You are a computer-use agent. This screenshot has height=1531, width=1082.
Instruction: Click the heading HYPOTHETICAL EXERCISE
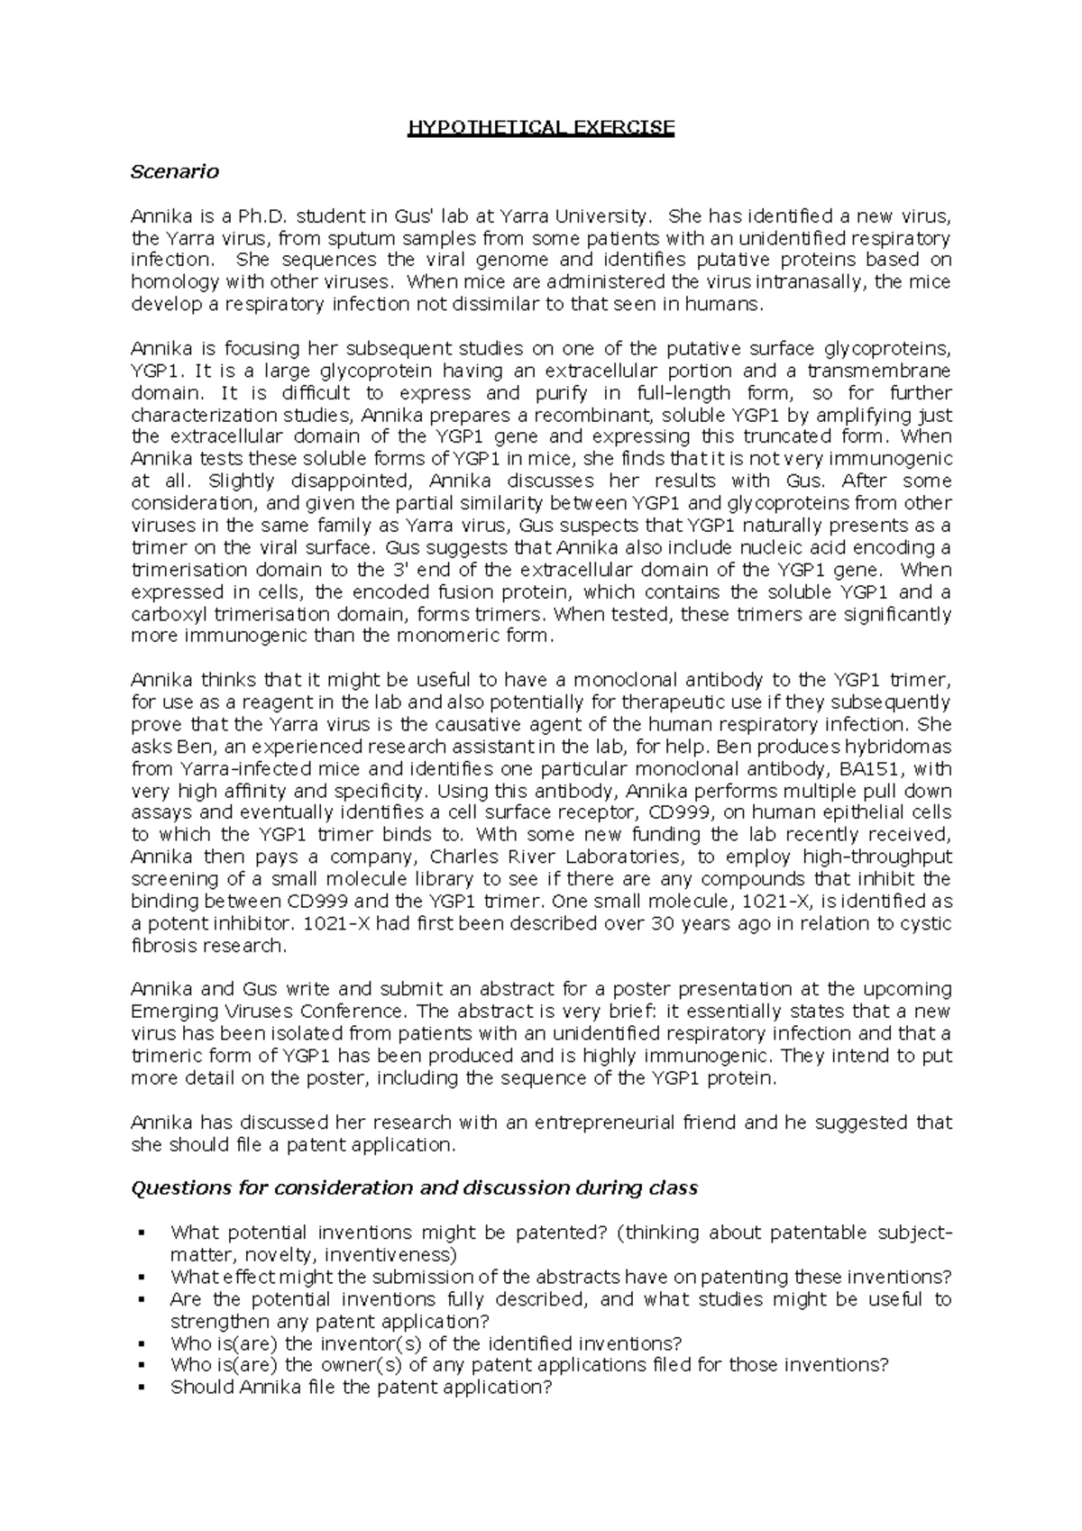(x=541, y=127)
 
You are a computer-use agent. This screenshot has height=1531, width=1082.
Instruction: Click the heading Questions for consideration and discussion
(x=415, y=1188)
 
